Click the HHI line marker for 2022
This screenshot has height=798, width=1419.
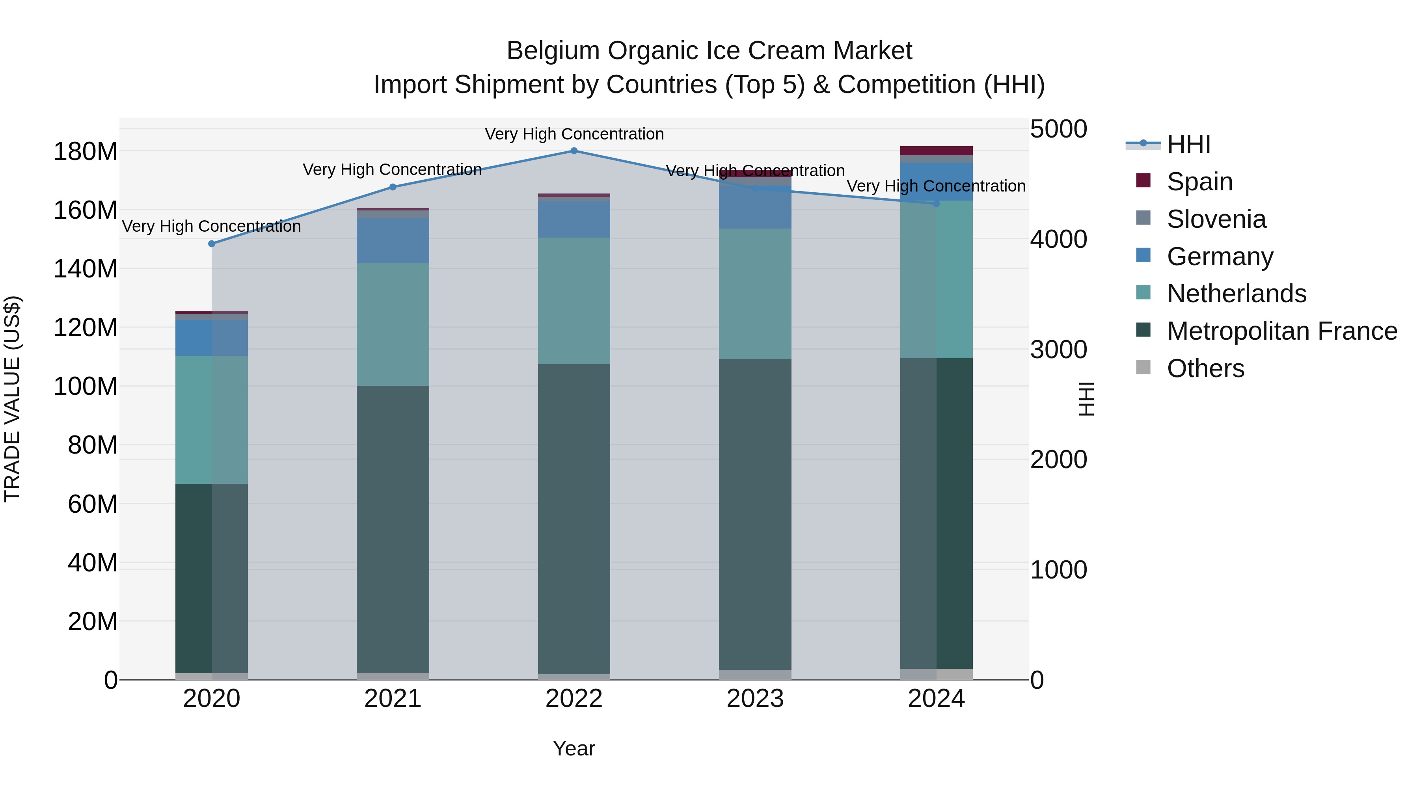pos(574,151)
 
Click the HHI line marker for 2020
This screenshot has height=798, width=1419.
pos(212,244)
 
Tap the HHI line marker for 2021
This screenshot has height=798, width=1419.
pos(393,187)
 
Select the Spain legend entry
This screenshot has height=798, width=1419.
pos(1199,182)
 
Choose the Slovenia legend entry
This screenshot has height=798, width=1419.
pos(1216,219)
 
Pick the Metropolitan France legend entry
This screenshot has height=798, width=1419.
pos(1281,331)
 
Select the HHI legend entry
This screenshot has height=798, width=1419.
pos(1188,144)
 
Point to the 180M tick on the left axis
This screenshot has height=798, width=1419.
pos(86,151)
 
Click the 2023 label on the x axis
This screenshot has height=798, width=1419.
pos(755,699)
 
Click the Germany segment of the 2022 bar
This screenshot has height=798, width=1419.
pos(574,219)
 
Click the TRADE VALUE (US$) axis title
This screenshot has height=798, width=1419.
pos(12,399)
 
